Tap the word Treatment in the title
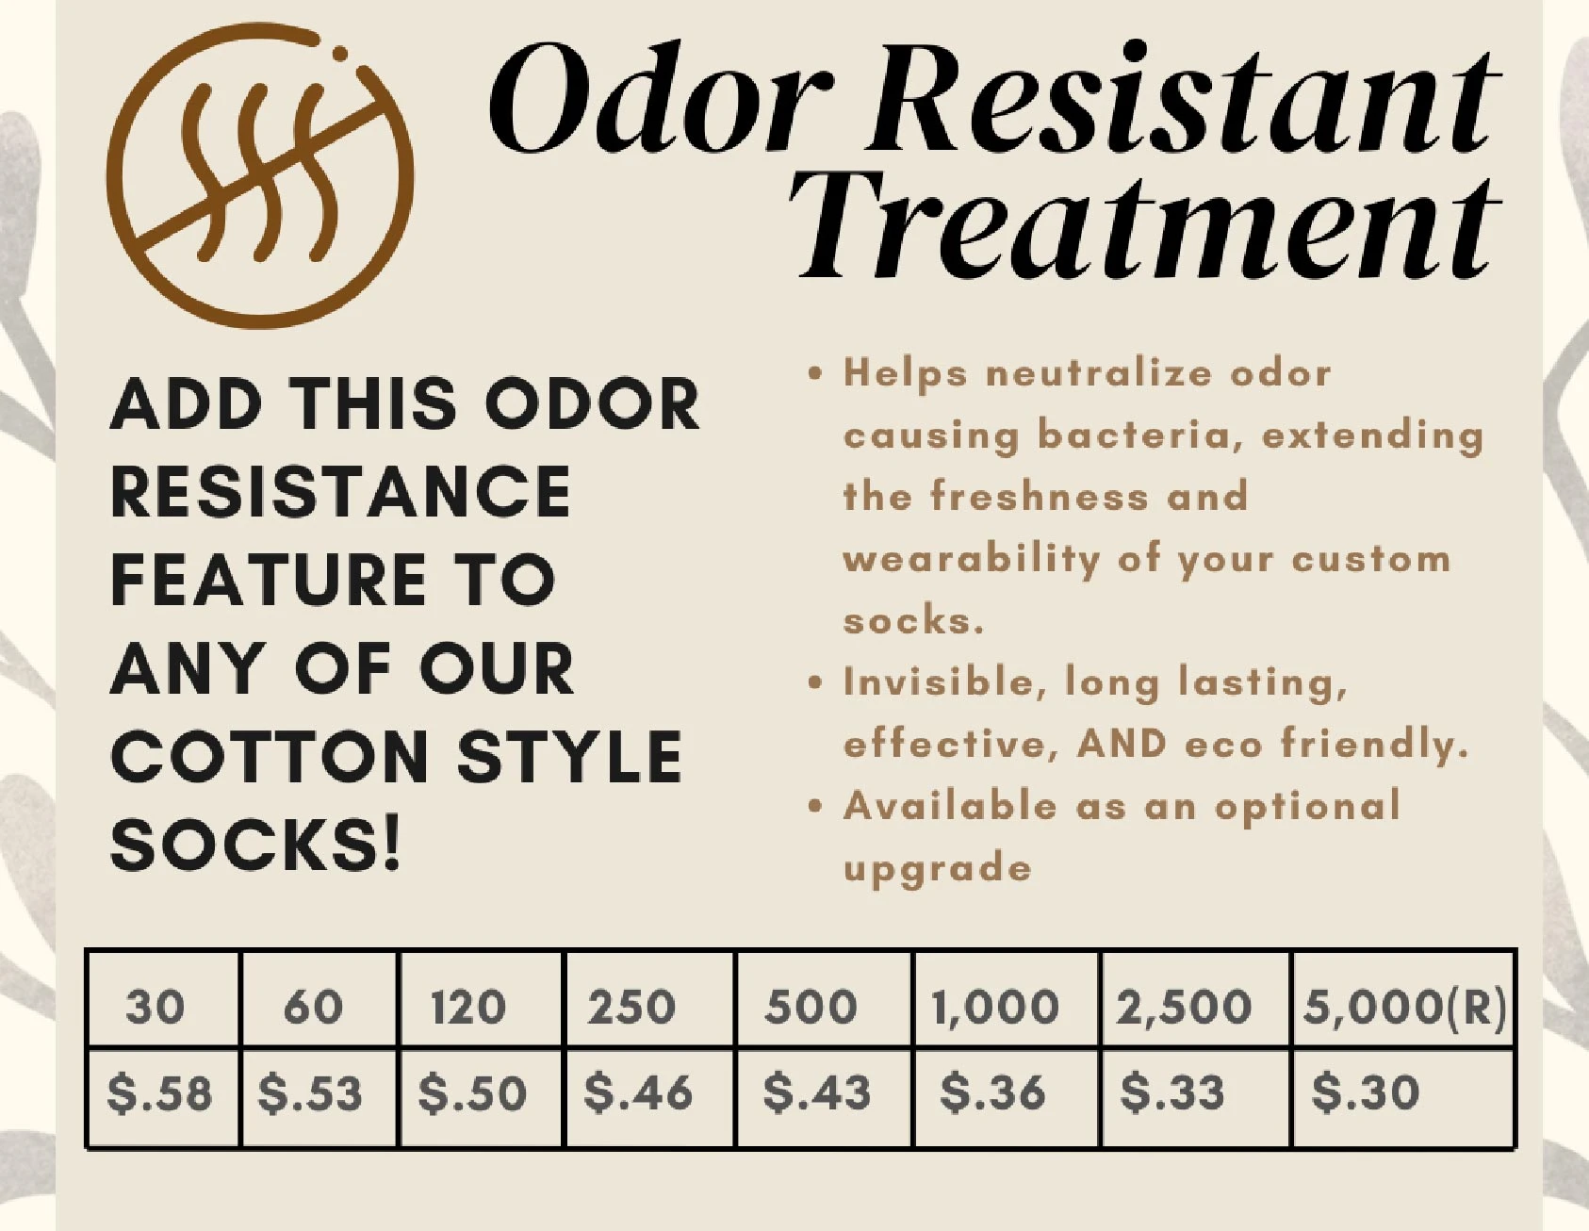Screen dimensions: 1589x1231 [1145, 225]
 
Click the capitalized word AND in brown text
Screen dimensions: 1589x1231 [1122, 744]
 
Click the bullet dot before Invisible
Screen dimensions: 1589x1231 [816, 682]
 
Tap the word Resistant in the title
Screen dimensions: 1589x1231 [1184, 98]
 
